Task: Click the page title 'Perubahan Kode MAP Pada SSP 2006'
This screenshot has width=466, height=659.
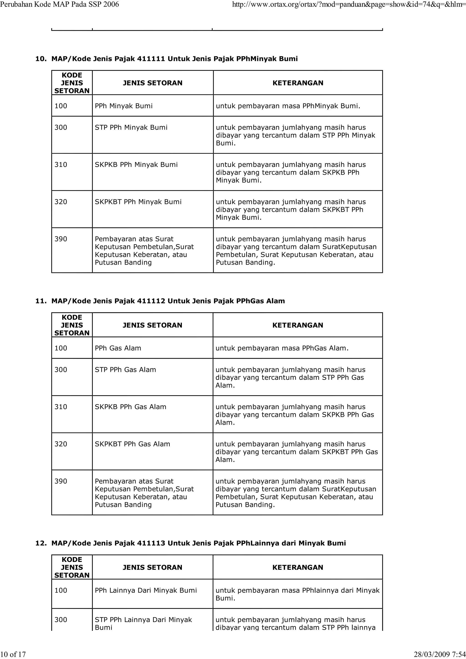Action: tap(59, 4)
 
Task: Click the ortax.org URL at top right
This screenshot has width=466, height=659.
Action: tap(348, 4)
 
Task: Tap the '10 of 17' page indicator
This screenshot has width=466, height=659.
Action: tap(13, 654)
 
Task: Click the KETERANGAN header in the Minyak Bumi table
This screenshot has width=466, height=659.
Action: tap(298, 83)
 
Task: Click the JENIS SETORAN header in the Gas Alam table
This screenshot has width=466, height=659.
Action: tap(152, 325)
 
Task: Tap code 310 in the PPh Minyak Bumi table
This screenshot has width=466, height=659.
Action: tap(61, 165)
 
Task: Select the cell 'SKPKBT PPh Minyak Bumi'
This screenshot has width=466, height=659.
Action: tap(138, 202)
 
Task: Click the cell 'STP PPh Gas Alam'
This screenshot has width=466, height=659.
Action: tap(125, 370)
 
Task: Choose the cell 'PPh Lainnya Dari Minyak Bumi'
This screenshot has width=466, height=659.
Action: tap(146, 590)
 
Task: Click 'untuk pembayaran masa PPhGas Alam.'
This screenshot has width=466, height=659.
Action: tap(282, 348)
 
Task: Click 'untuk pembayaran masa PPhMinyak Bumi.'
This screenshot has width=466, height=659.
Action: tap(288, 106)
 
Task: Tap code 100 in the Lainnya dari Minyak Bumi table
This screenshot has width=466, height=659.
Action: tap(61, 590)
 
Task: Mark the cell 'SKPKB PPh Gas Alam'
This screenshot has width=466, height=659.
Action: tap(130, 407)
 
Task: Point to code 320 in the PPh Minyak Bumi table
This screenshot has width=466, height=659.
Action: tap(61, 202)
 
